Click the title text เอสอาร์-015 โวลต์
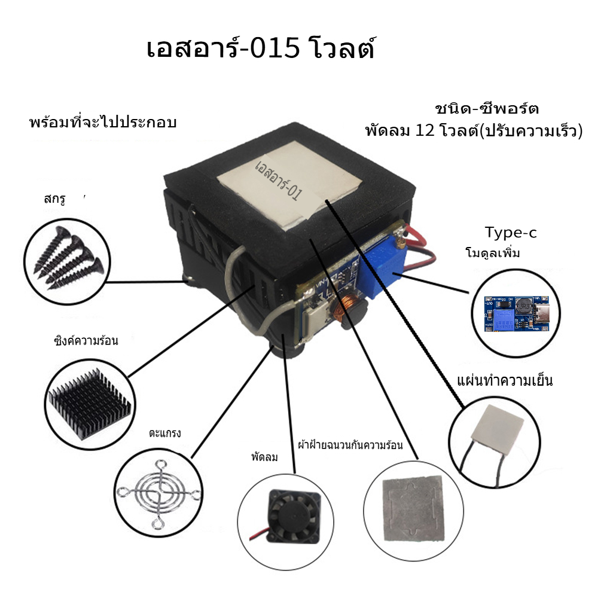click(261, 48)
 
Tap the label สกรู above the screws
click(54, 199)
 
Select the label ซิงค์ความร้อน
click(86, 340)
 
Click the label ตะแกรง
click(165, 433)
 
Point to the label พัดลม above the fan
click(265, 456)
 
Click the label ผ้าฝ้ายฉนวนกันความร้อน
click(350, 445)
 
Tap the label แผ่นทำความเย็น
click(505, 380)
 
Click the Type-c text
click(511, 232)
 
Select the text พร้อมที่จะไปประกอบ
click(103, 122)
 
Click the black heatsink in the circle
click(90, 404)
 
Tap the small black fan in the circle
click(293, 517)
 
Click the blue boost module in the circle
click(517, 313)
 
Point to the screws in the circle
click(69, 258)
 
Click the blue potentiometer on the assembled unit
click(382, 260)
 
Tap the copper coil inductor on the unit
click(343, 306)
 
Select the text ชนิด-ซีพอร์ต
click(487, 109)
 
